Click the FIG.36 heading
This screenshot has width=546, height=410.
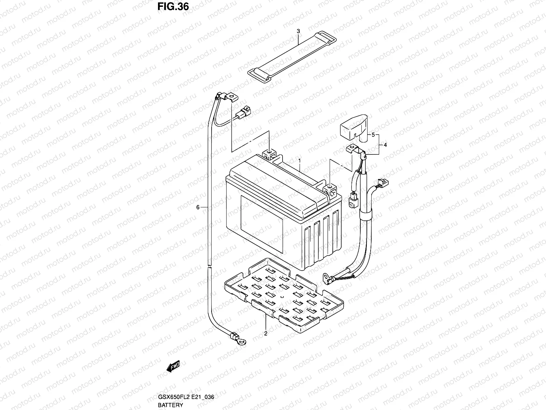pos(173,7)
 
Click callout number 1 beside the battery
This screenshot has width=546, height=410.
pos(300,160)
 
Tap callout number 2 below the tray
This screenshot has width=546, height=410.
pos(266,333)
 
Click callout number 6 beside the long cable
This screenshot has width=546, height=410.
pos(198,207)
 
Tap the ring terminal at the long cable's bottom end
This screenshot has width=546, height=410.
pos(241,339)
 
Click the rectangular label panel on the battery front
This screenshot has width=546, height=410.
pos(262,224)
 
